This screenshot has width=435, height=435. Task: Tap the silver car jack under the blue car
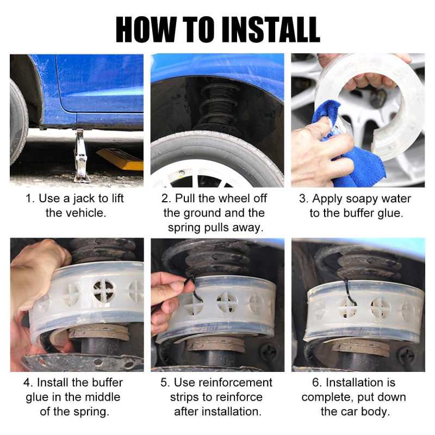(80, 156)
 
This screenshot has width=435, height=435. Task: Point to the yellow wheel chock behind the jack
(121, 159)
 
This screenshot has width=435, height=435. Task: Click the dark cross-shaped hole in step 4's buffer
(103, 291)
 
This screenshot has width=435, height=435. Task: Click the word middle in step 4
(102, 397)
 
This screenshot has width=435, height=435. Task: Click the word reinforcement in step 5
(223, 383)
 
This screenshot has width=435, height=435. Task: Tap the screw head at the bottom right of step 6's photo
(406, 354)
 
